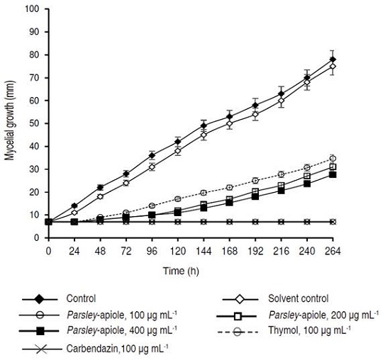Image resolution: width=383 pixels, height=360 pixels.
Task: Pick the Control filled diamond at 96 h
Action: click(x=152, y=155)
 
